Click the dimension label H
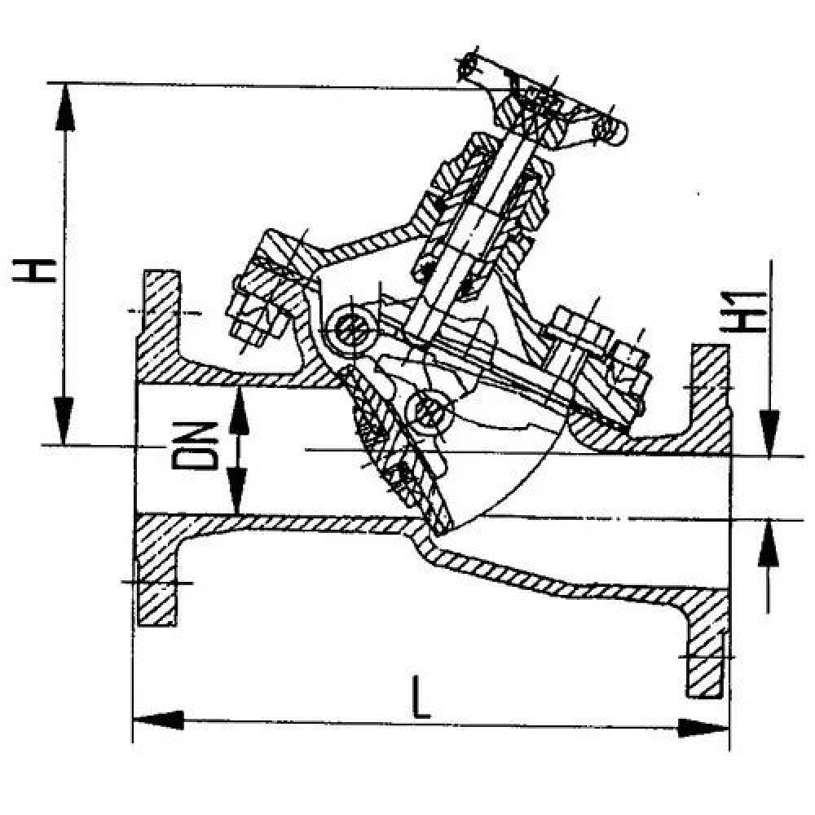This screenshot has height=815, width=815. [x=34, y=271]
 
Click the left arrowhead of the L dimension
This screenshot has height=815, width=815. [x=159, y=720]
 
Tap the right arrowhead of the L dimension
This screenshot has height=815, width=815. [x=703, y=728]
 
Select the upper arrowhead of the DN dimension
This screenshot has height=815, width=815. [x=239, y=411]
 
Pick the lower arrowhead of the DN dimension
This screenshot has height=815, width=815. [x=237, y=491]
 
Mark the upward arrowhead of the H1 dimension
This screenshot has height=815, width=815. [x=769, y=543]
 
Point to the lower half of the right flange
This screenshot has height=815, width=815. [x=706, y=644]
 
